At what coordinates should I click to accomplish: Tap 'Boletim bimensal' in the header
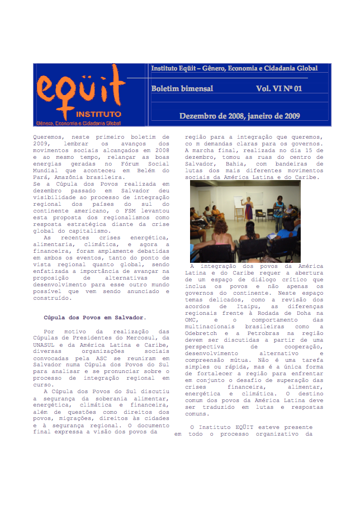coord(182,88)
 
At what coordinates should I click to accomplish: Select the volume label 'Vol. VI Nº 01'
coord(279,88)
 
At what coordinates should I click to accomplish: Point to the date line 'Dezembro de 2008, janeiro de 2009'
coord(239,116)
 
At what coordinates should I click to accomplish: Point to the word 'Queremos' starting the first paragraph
coord(48,136)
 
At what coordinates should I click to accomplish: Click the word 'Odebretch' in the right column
coord(201,333)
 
